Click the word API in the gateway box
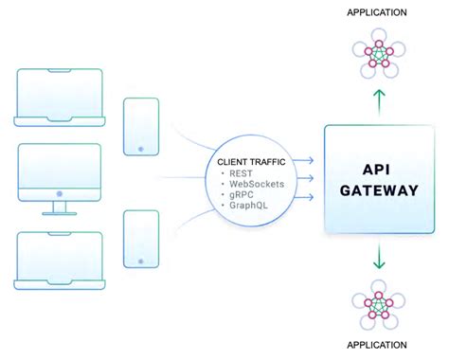click(379, 169)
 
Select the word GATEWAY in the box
click(379, 189)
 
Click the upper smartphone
click(140, 125)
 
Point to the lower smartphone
click(140, 239)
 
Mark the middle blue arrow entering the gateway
click(304, 177)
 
